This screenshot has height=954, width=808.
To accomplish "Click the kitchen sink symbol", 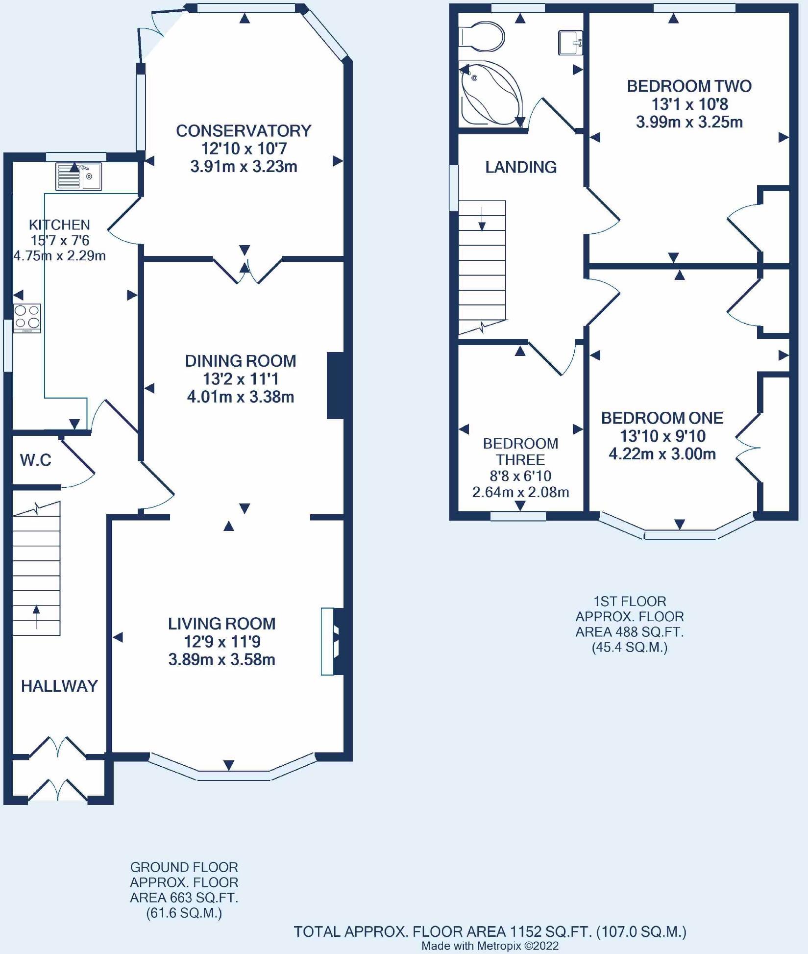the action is pyautogui.click(x=78, y=176).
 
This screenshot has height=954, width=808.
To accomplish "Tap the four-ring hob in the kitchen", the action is pyautogui.click(x=27, y=319).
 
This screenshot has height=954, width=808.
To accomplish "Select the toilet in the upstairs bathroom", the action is pyautogui.click(x=482, y=37).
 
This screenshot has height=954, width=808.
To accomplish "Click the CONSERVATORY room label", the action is pyautogui.click(x=244, y=131).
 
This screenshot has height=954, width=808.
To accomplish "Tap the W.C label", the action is pyautogui.click(x=36, y=460).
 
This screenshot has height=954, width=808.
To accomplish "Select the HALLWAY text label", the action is pyautogui.click(x=59, y=686).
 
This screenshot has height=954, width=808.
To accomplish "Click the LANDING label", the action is pyautogui.click(x=521, y=167).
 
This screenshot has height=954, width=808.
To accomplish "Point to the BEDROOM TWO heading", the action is pyautogui.click(x=689, y=86).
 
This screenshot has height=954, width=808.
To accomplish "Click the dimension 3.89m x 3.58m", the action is pyautogui.click(x=221, y=659).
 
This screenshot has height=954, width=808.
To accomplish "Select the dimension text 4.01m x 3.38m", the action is pyautogui.click(x=241, y=397).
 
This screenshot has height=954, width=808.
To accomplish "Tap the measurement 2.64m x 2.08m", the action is pyautogui.click(x=520, y=492).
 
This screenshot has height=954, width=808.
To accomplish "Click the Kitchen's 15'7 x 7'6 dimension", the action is pyautogui.click(x=60, y=240).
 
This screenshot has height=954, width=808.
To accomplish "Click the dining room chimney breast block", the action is pyautogui.click(x=336, y=385).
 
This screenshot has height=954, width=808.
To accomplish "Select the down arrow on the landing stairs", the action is pyautogui.click(x=482, y=219).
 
